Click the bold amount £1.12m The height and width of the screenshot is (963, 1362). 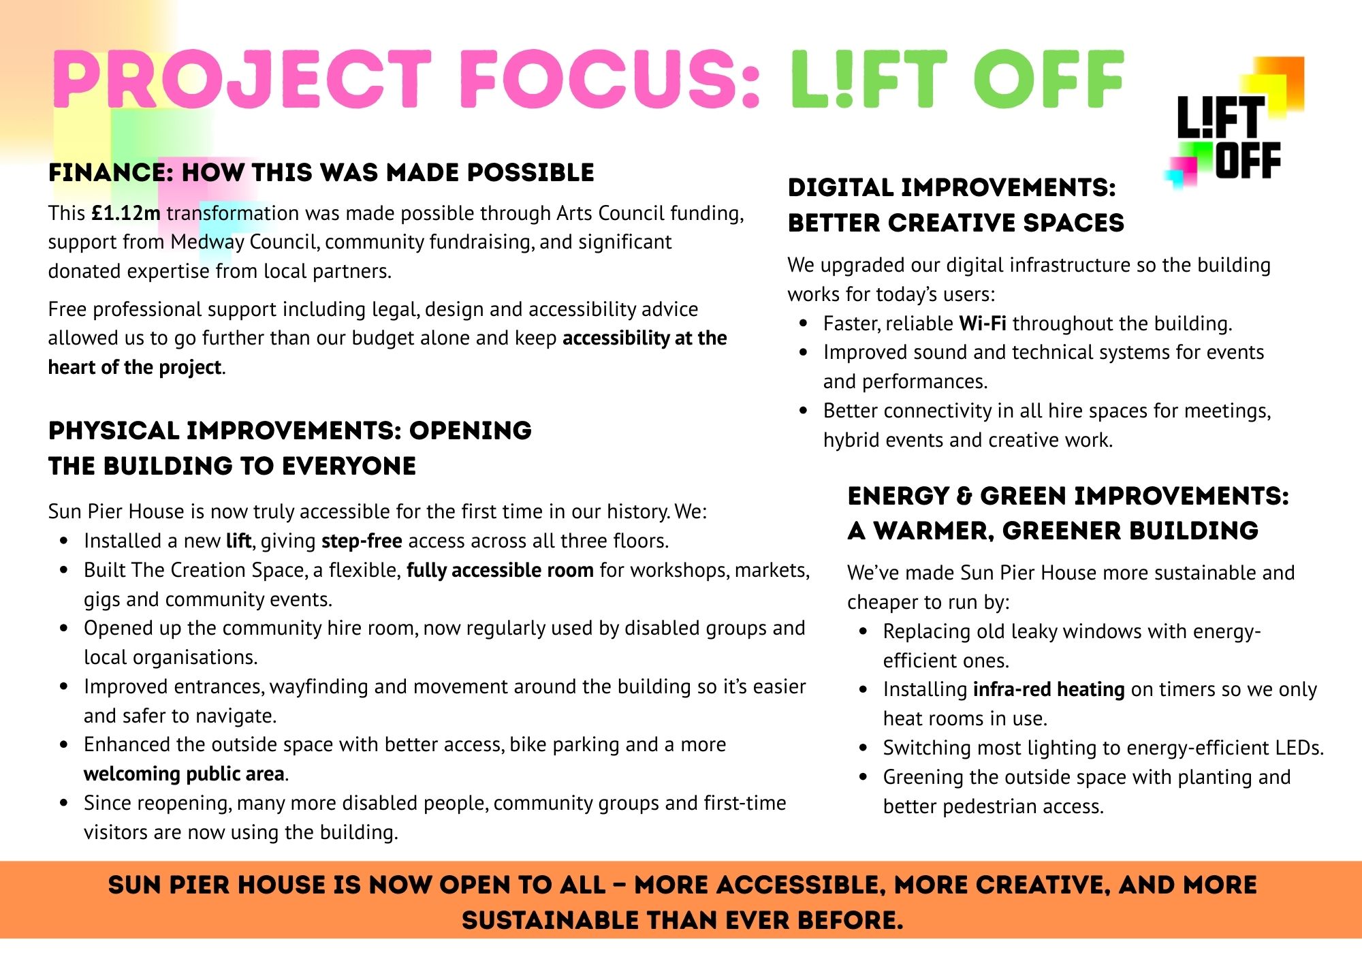coord(126,213)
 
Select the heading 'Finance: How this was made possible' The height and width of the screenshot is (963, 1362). coord(321,172)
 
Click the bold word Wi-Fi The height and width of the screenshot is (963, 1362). coord(983,323)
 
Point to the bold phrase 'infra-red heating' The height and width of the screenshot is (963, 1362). coord(1049,689)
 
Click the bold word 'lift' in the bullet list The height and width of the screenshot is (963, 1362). coord(238,541)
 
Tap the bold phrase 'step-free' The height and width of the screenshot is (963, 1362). coord(362,541)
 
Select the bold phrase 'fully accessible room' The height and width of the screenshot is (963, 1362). coord(500,570)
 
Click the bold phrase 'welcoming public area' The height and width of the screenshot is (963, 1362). coord(184,774)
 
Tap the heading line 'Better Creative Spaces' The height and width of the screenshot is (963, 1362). coord(955,223)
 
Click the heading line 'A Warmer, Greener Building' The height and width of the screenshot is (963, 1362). coord(1053,531)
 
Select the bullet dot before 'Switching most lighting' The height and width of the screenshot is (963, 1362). coord(864,748)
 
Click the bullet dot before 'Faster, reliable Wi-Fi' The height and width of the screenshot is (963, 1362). coord(804,323)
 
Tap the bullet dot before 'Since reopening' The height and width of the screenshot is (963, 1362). coord(64,803)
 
